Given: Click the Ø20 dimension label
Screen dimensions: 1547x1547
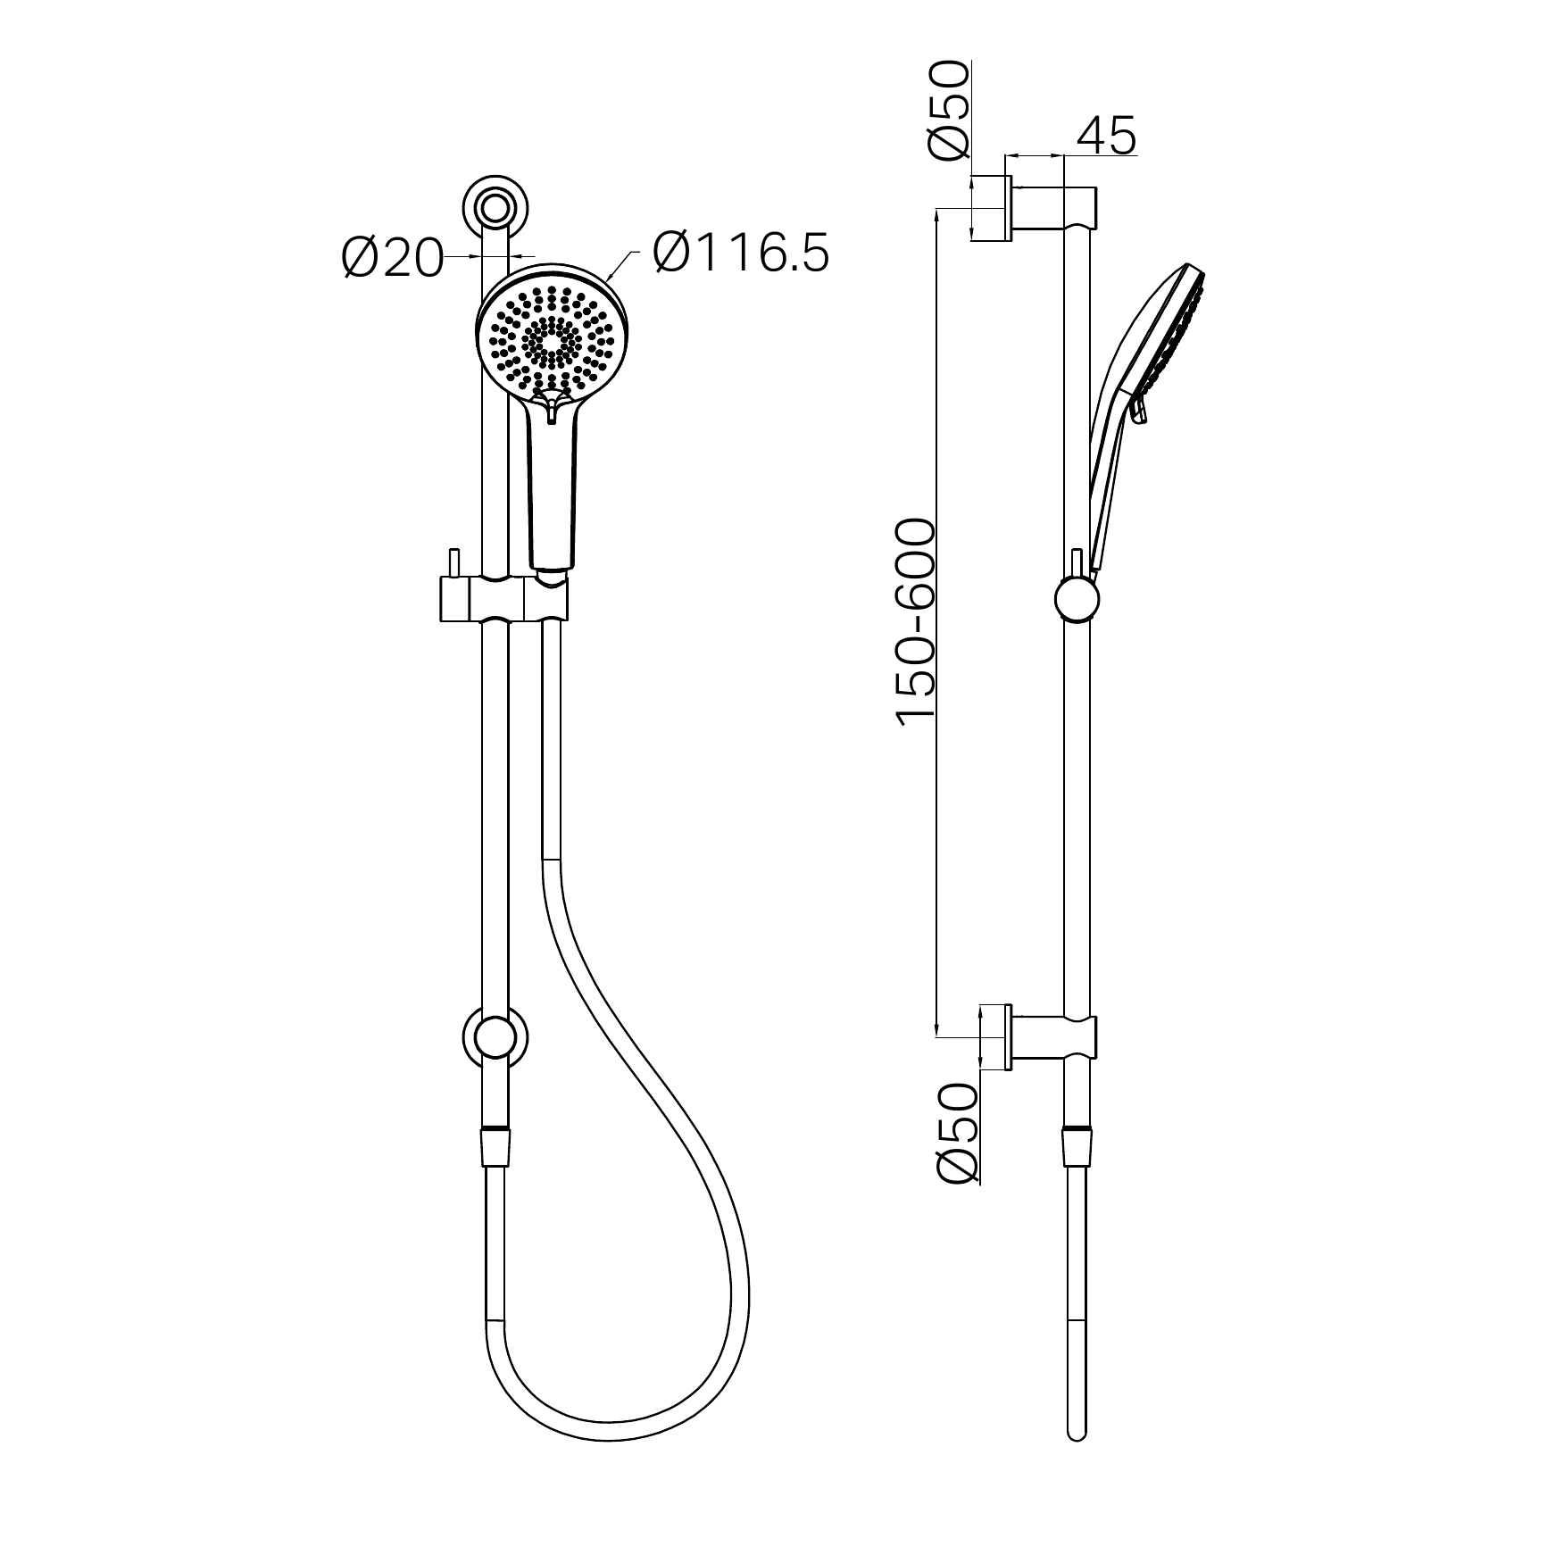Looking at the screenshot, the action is tap(393, 260).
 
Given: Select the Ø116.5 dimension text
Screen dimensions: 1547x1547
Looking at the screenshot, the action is tap(741, 253).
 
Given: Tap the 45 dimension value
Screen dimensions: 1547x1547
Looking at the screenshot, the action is tap(1106, 136).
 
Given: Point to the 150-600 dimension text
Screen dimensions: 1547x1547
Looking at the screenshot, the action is tap(915, 622).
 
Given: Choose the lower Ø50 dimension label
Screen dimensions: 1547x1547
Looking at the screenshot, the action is tap(958, 1134).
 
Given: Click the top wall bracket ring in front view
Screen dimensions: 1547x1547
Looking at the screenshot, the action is tap(495, 206).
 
